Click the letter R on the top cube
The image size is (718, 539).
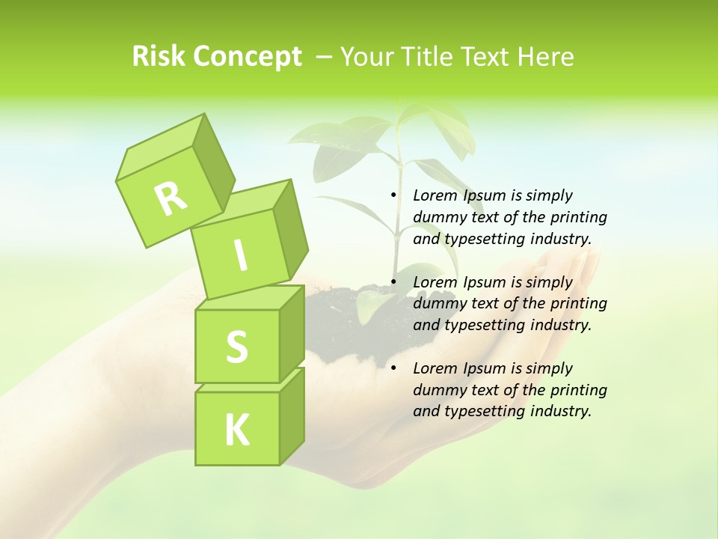click(171, 198)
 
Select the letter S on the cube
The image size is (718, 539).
click(236, 347)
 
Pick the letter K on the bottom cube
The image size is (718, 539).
click(236, 430)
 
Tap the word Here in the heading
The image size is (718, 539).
click(544, 56)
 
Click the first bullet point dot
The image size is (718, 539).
click(393, 195)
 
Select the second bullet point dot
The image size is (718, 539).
click(393, 282)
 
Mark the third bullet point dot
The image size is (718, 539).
click(393, 368)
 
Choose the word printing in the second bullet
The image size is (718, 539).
click(578, 303)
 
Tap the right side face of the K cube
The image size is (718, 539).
click(292, 415)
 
